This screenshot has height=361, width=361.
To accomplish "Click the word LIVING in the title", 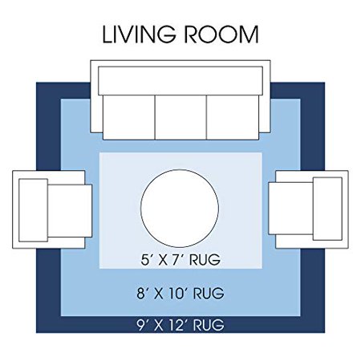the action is (140, 34).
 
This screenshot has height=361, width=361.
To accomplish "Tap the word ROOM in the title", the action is (221, 34).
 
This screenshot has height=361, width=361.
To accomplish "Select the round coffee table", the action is (180, 209).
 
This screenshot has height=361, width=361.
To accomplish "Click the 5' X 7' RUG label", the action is (180, 260).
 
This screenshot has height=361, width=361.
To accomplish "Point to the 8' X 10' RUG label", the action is (180, 293).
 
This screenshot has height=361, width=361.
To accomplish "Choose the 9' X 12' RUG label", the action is (180, 325).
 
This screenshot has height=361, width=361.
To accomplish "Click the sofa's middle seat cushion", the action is (180, 117).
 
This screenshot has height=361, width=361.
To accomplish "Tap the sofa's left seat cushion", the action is (129, 117).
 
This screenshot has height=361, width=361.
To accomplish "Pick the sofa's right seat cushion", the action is (233, 117).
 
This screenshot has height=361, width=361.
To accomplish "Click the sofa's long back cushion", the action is (180, 81).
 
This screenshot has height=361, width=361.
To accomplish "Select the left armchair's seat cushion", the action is (70, 211).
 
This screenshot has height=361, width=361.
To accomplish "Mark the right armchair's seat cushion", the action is (291, 209).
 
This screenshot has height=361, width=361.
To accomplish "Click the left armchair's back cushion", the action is (33, 210).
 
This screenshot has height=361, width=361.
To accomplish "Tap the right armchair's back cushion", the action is (327, 209).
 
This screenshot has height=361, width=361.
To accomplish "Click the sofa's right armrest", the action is (265, 114).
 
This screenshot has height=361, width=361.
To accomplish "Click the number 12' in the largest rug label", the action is (179, 325).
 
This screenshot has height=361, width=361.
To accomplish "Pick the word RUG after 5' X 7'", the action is (205, 260).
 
